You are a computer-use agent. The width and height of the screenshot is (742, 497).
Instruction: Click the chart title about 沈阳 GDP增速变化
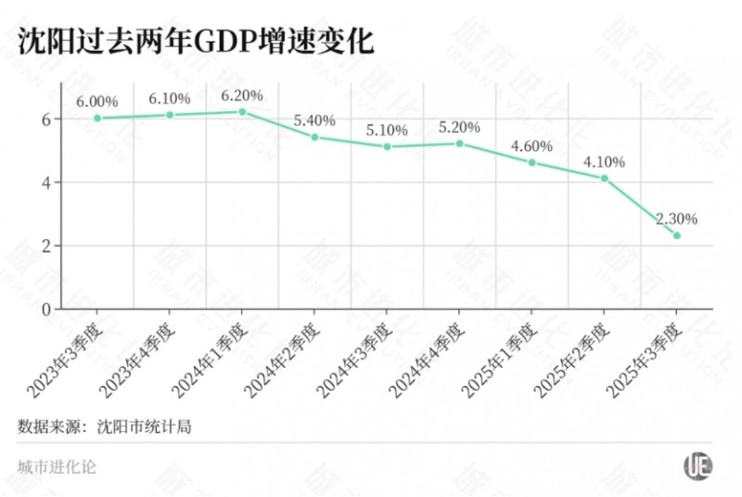pos(195,42)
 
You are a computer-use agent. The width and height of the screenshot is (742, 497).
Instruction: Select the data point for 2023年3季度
pos(96,118)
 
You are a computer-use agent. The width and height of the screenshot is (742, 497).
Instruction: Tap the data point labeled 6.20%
pos(242,111)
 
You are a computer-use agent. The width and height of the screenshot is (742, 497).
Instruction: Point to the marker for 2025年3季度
pos(677,236)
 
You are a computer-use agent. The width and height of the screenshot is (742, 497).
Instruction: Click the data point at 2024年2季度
pos(314,137)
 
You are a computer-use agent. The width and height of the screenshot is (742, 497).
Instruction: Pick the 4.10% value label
pos(604,161)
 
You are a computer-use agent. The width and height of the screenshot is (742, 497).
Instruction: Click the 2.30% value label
pos(676,219)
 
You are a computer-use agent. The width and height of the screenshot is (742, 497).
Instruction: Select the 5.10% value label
pos(387,130)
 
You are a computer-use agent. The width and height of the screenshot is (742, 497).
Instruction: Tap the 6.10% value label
pos(170,98)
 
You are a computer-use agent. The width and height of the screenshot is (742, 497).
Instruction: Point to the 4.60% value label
pos(531,146)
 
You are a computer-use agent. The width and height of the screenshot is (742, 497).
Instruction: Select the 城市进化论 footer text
pos(57,466)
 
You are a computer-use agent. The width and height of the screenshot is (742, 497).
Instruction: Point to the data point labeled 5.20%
pos(459,143)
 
